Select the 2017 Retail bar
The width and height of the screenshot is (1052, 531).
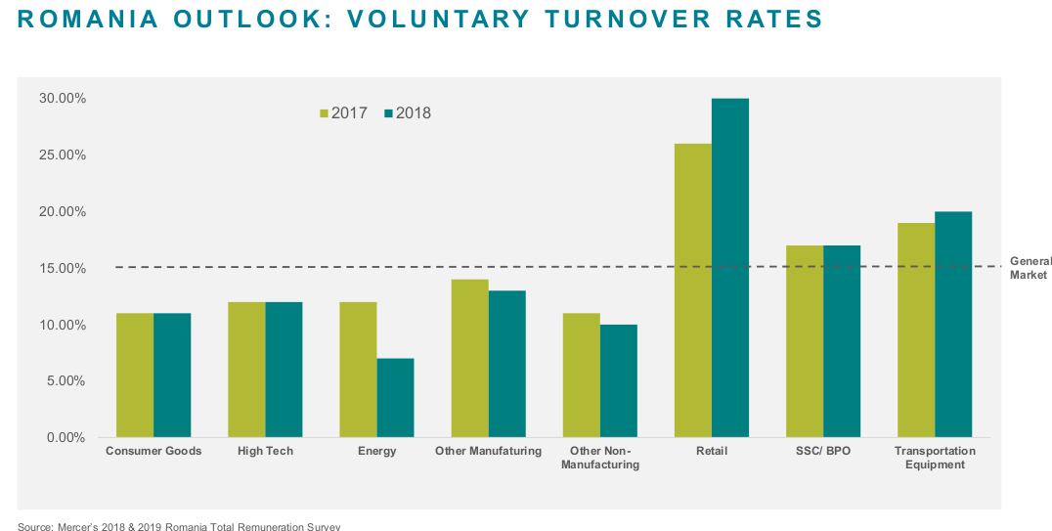pyautogui.click(x=693, y=289)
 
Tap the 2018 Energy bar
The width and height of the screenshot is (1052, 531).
pyautogui.click(x=396, y=397)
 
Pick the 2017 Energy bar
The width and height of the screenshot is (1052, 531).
pyautogui.click(x=358, y=369)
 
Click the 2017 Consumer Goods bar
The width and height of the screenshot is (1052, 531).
pyautogui.click(x=135, y=375)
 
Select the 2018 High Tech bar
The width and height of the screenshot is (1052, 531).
pyautogui.click(x=285, y=369)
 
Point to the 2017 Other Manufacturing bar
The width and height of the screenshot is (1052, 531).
pyautogui.click(x=470, y=358)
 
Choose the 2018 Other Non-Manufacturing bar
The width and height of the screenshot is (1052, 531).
pyautogui.click(x=619, y=380)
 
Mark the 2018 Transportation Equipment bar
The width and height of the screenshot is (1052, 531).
pyautogui.click(x=953, y=324)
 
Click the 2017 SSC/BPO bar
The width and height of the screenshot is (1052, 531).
pyautogui.click(x=805, y=340)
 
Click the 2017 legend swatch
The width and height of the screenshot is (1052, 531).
pyautogui.click(x=325, y=113)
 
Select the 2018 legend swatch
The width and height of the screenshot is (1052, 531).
pyautogui.click(x=389, y=113)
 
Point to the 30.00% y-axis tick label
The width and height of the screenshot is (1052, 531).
pyautogui.click(x=63, y=99)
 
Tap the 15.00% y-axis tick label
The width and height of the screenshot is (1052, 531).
pyautogui.click(x=63, y=268)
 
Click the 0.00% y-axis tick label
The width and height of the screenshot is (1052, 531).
pyautogui.click(x=66, y=437)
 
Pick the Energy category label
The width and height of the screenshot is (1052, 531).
pyautogui.click(x=376, y=451)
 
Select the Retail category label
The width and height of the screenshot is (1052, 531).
pyautogui.click(x=712, y=451)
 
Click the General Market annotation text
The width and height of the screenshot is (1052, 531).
pyautogui.click(x=1030, y=268)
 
